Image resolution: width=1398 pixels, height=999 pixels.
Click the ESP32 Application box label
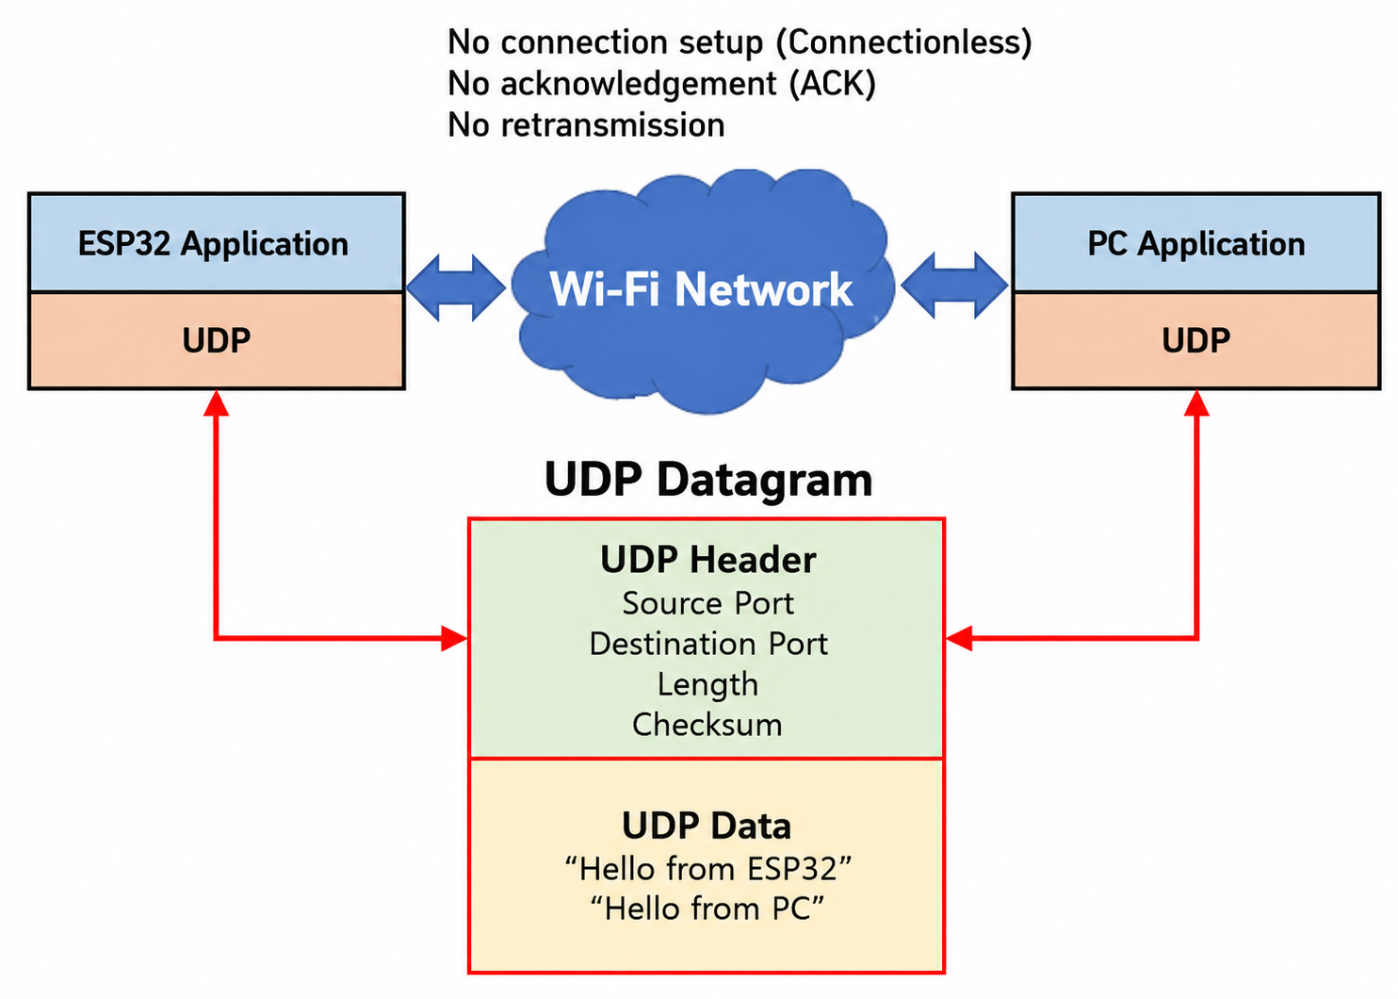[213, 243]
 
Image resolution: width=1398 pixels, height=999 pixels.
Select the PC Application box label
[1195, 243]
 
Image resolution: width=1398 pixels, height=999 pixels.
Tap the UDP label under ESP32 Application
[216, 341]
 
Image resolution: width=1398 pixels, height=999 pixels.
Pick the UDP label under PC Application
[1195, 341]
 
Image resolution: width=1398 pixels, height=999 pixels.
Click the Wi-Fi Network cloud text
[701, 289]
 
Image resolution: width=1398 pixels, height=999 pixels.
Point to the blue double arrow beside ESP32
[456, 287]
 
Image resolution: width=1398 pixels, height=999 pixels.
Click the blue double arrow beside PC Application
[954, 286]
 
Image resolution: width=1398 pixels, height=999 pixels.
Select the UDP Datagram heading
[707, 480]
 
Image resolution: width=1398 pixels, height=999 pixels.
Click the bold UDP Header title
[707, 560]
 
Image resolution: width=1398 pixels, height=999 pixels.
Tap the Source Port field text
[707, 604]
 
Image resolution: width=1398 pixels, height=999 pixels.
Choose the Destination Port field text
[708, 644]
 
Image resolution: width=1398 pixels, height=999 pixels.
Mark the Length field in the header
[707, 685]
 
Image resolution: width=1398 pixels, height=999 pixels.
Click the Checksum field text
[707, 725]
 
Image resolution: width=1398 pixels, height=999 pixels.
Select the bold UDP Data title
[707, 826]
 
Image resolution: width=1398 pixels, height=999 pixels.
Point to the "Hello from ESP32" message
[707, 869]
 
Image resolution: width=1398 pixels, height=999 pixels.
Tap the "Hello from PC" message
[707, 909]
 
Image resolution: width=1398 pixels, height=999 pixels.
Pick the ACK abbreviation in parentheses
[833, 84]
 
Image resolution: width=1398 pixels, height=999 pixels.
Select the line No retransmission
[586, 124]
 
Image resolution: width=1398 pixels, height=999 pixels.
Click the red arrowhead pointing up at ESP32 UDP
[216, 403]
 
